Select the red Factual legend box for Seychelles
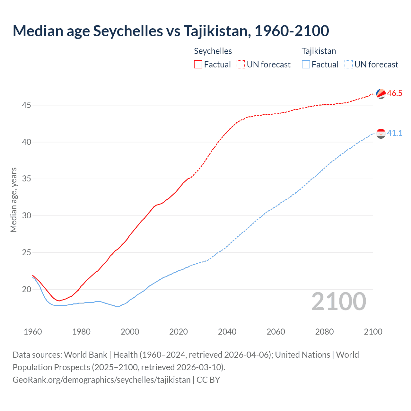(x=198, y=64)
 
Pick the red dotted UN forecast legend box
(x=241, y=64)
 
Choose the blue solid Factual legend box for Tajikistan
(x=306, y=64)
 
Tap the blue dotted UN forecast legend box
(x=349, y=64)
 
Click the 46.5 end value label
(x=395, y=93)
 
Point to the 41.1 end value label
(x=395, y=133)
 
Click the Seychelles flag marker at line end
(x=381, y=93)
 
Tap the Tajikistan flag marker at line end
(x=381, y=133)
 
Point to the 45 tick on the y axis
(x=27, y=105)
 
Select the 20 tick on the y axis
(x=27, y=289)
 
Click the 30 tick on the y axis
(x=27, y=216)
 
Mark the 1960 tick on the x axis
(x=33, y=332)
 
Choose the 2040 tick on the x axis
(x=227, y=332)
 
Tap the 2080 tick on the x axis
(x=324, y=332)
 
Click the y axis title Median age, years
(x=13, y=200)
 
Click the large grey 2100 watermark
(x=339, y=301)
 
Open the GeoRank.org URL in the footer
(x=101, y=380)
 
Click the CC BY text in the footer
(x=208, y=380)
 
